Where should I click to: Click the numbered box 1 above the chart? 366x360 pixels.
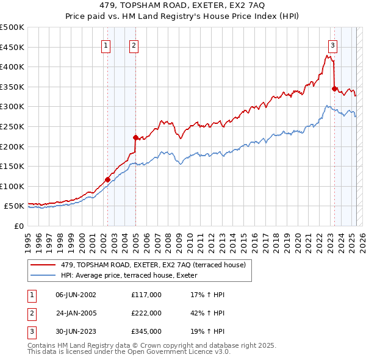coord(106,45)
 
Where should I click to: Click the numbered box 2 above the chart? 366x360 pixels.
coord(133,45)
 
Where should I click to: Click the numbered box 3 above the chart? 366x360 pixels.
coord(332,45)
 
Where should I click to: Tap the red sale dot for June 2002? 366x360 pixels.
coord(107,179)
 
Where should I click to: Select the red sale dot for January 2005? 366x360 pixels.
coord(135,137)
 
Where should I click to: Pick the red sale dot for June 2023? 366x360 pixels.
coord(334,88)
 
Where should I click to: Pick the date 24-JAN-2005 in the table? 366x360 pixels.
coord(76,313)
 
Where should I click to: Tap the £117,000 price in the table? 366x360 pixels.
coord(146,295)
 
